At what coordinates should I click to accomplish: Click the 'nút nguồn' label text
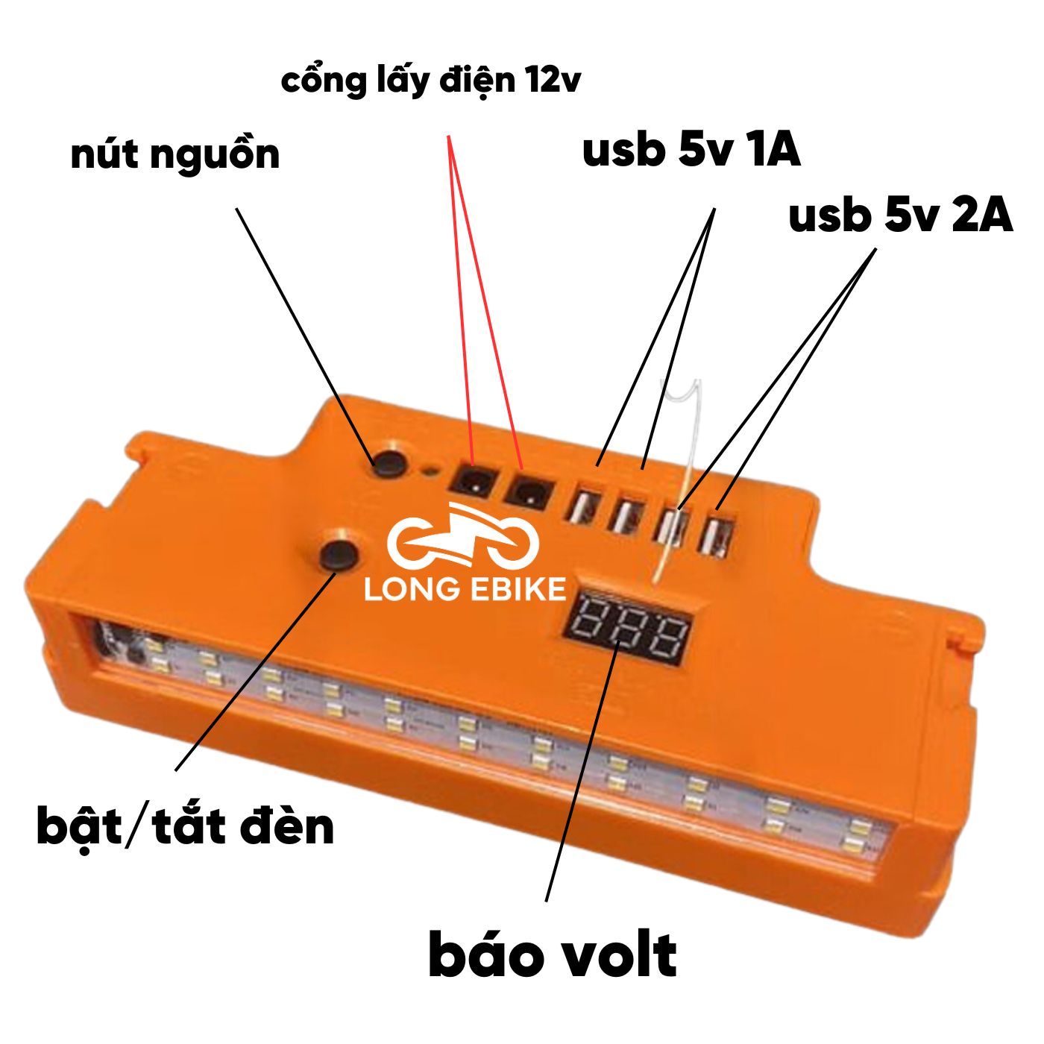click(175, 154)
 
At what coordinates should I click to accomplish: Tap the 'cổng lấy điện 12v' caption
click(431, 81)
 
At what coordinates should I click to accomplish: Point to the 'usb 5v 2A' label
click(900, 216)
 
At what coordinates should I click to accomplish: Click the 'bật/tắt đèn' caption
click(186, 827)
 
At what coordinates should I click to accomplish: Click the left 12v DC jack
click(470, 482)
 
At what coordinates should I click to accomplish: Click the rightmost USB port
click(719, 534)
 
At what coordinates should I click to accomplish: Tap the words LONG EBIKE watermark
click(465, 589)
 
